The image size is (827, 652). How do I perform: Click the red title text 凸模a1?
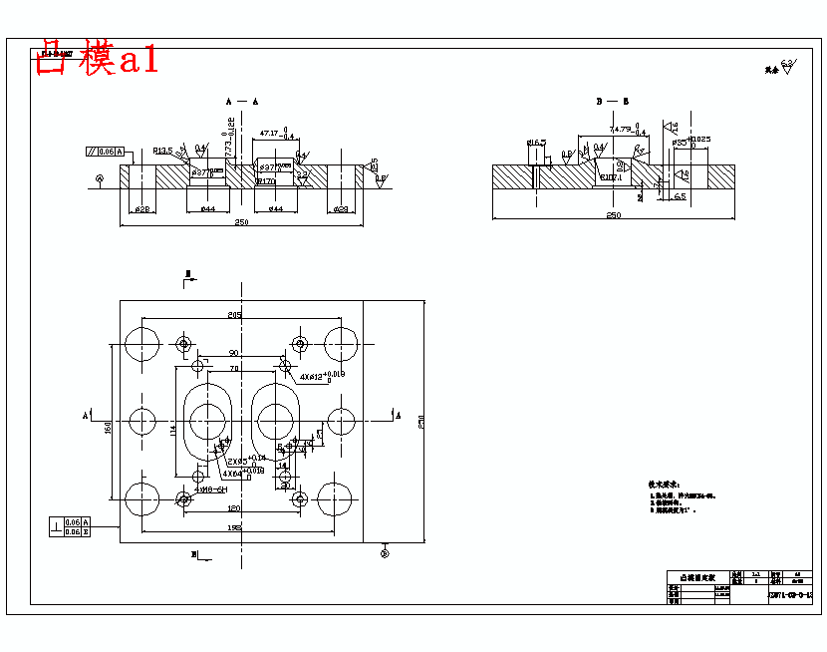pyautogui.click(x=96, y=60)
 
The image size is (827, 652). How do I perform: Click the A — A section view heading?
pyautogui.click(x=241, y=102)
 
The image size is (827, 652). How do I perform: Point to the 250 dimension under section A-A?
pyautogui.click(x=241, y=221)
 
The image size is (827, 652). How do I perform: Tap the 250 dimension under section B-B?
pyautogui.click(x=613, y=214)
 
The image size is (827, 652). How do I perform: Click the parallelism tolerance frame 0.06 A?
pyautogui.click(x=105, y=152)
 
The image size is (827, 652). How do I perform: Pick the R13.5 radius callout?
pyautogui.click(x=163, y=151)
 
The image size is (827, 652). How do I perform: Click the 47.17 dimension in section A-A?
pyautogui.click(x=269, y=133)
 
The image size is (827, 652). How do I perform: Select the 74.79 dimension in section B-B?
pyautogui.click(x=621, y=130)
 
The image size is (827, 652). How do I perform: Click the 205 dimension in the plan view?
pyautogui.click(x=234, y=315)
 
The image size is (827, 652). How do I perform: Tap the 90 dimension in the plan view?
pyautogui.click(x=233, y=353)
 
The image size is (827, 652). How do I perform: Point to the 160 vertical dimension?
pyautogui.click(x=108, y=427)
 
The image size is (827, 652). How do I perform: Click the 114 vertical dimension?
pyautogui.click(x=171, y=430)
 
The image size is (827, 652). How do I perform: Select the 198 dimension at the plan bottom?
pyautogui.click(x=234, y=527)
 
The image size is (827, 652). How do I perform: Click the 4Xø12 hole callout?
pyautogui.click(x=322, y=376)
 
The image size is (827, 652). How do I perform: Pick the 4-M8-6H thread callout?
pyautogui.click(x=211, y=489)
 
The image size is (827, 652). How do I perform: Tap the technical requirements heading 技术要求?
pyautogui.click(x=664, y=484)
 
